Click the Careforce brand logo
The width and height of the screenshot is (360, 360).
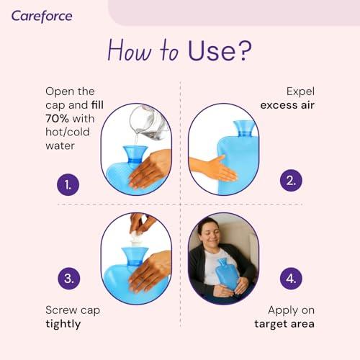coord(42,15)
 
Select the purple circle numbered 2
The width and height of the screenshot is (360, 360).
coord(291,180)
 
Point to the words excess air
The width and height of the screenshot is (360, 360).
coord(287,106)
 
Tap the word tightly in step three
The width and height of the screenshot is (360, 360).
coord(62,324)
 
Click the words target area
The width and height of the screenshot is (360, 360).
coord(284,324)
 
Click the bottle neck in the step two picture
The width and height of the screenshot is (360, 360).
coord(243,130)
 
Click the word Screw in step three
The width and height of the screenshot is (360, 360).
coord(62,310)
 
